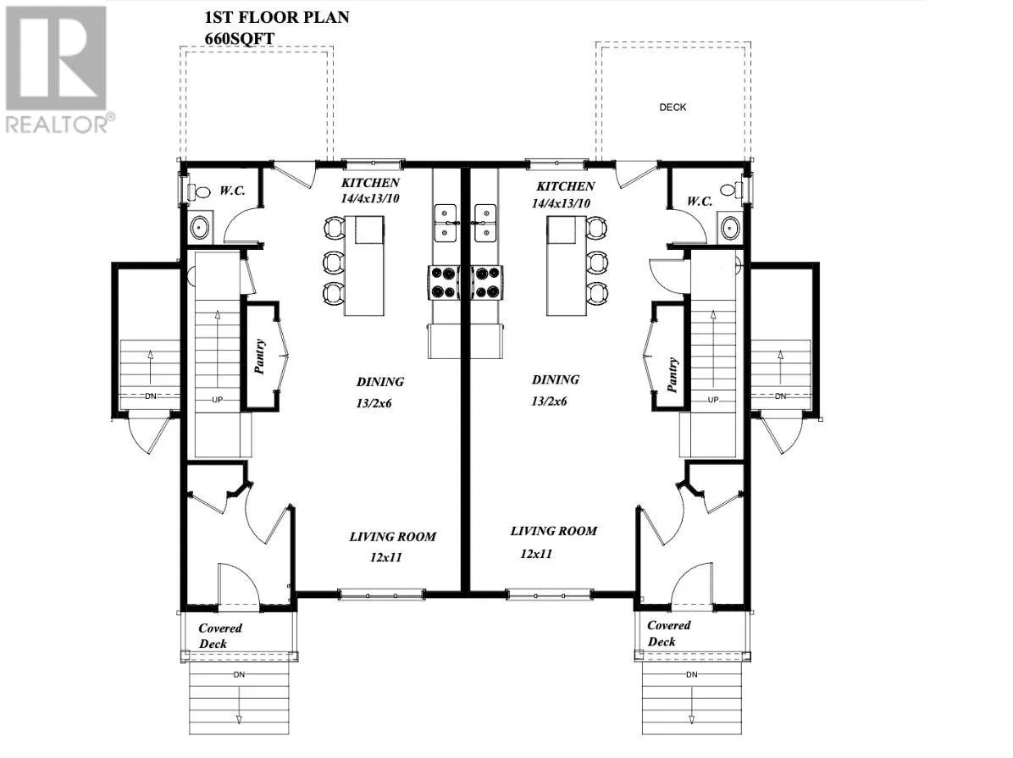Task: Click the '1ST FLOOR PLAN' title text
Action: [x=276, y=17]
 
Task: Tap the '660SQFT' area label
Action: [x=240, y=36]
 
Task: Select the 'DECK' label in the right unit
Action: [x=673, y=108]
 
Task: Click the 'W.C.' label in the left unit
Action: [x=233, y=191]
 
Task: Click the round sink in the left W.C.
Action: [x=200, y=227]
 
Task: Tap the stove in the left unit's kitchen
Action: [x=441, y=282]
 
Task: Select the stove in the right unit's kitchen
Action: [x=487, y=282]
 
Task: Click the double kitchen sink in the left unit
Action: [x=446, y=222]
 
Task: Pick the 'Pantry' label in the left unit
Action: [x=260, y=357]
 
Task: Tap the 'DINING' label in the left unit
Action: [x=379, y=382]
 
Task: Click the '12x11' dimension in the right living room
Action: [x=536, y=553]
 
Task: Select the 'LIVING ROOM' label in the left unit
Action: [x=393, y=536]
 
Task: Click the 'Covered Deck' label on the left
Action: [x=220, y=635]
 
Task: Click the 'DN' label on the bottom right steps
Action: [x=692, y=674]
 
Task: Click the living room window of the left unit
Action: [x=380, y=594]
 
